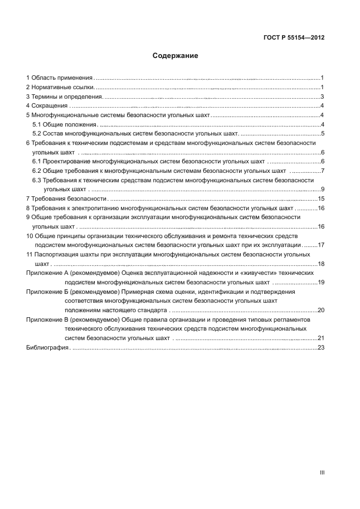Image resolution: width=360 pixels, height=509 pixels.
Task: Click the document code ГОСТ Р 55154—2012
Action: coord(293,38)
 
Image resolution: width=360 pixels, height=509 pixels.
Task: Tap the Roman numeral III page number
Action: coord(322,472)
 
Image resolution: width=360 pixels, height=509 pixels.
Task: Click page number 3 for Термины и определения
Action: coord(322,96)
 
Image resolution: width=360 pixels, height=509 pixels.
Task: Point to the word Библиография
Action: coord(47,348)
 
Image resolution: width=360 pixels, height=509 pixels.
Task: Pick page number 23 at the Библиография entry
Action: coord(320,348)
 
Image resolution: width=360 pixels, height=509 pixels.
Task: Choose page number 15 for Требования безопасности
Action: coord(320,198)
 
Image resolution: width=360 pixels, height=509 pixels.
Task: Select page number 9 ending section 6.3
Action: coord(322,190)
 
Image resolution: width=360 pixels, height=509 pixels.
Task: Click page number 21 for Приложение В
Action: coord(320,338)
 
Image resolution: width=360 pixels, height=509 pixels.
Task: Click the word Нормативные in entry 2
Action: coord(50,88)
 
